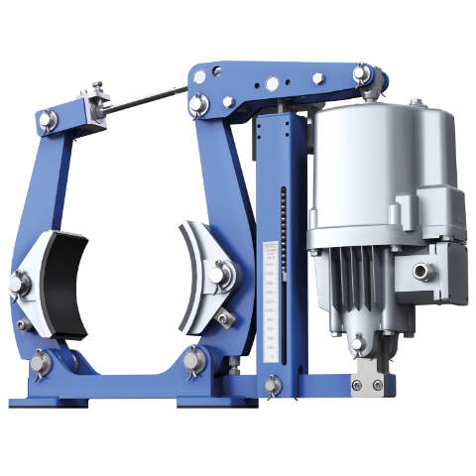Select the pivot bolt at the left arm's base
(x=41, y=358)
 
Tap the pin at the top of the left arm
(x=46, y=120)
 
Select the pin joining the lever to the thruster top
(x=359, y=75)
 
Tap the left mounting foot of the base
(x=45, y=401)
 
